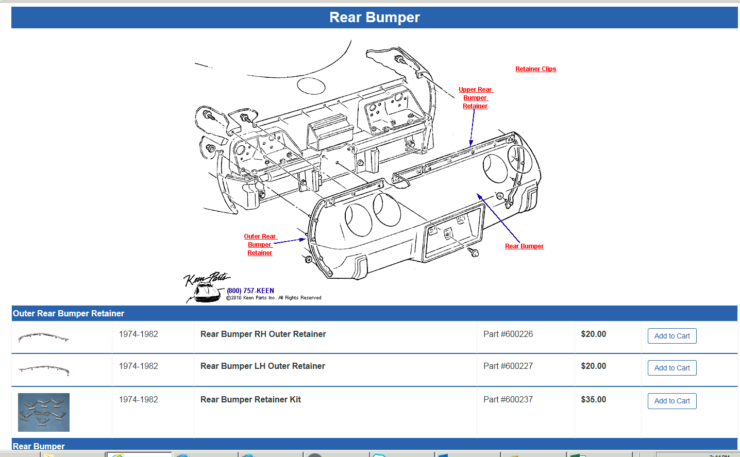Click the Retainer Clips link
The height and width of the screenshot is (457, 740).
click(x=535, y=69)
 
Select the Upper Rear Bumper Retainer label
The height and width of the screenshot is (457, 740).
click(x=475, y=98)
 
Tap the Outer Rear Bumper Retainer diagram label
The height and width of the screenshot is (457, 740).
click(x=260, y=245)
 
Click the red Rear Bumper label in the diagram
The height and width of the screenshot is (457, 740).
click(x=524, y=246)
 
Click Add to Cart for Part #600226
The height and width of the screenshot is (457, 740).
click(x=671, y=336)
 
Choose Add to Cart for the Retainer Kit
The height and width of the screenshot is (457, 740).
click(x=671, y=401)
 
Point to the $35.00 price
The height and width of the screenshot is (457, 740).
click(x=593, y=400)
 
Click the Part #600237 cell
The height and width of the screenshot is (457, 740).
click(x=508, y=400)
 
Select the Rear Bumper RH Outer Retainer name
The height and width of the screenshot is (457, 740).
click(x=263, y=334)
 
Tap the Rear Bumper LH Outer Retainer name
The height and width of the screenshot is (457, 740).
click(x=262, y=366)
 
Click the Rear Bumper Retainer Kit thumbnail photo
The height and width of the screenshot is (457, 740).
click(x=44, y=413)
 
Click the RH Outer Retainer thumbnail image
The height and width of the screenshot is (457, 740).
click(x=44, y=338)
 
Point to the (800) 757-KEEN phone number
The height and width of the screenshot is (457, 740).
click(x=250, y=291)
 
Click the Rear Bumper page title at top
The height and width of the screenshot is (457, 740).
click(x=375, y=18)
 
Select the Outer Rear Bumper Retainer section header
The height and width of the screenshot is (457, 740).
click(x=69, y=313)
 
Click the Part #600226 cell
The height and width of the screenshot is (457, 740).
click(x=508, y=334)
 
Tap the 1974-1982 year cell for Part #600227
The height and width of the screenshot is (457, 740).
click(x=138, y=366)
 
